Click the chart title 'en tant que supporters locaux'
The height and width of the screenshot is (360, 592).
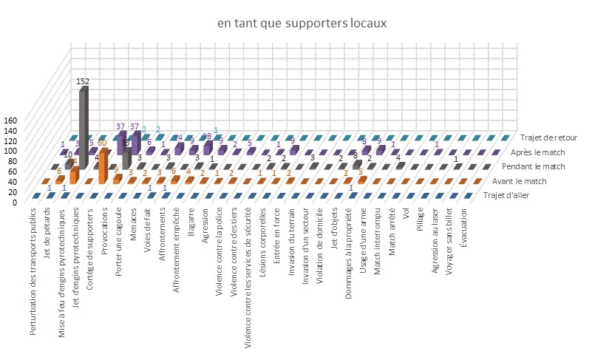(302, 24)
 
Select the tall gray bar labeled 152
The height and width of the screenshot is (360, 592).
(83, 126)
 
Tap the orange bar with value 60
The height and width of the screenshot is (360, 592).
(103, 166)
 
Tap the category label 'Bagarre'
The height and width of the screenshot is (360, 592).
(191, 225)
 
